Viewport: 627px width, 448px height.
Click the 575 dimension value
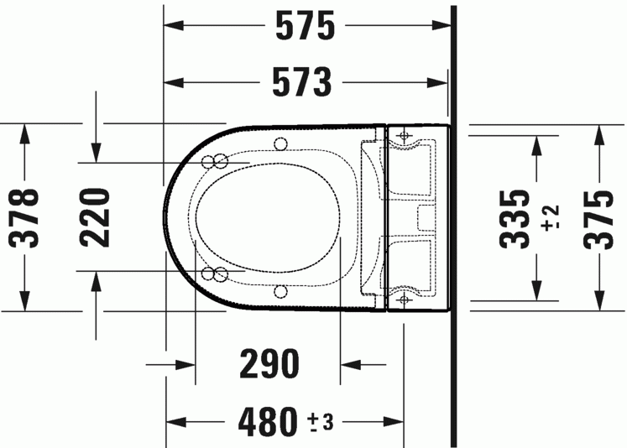(306, 27)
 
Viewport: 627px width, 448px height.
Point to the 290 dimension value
(269, 365)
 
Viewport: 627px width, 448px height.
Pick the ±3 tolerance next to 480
(321, 420)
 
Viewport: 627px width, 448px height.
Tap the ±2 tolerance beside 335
(550, 217)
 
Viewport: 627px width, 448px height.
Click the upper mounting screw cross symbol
(404, 134)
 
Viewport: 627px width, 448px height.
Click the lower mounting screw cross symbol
(404, 298)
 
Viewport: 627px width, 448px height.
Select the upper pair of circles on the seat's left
(214, 161)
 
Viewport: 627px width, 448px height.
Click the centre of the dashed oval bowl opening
(269, 217)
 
